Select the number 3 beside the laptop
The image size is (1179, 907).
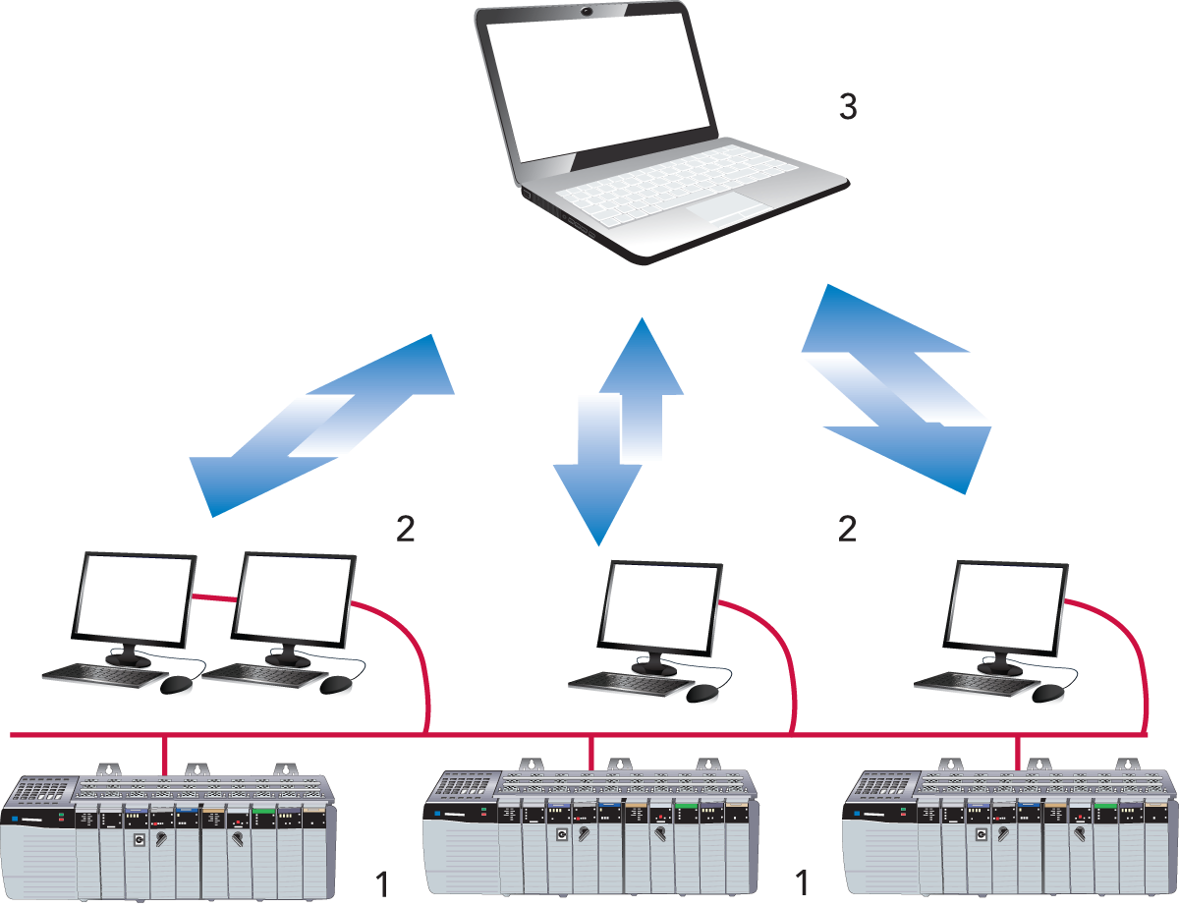847,107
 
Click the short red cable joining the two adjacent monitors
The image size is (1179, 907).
215,597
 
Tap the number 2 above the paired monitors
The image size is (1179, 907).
406,529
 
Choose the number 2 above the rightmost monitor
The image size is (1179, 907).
847,529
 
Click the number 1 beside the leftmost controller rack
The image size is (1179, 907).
382,883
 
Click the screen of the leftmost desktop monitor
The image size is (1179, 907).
136,597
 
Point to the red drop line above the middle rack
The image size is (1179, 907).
590,752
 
